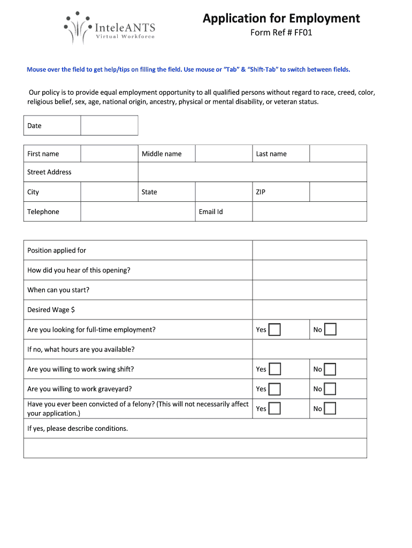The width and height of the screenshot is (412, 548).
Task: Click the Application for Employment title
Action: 281,19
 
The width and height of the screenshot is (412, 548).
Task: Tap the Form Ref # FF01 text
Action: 281,33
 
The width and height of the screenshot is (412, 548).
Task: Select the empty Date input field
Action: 109,126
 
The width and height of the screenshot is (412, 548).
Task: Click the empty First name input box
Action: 109,154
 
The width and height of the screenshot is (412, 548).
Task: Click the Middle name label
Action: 162,154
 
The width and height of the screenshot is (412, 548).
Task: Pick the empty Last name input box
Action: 338,154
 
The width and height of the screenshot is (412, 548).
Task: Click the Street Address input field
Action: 252,172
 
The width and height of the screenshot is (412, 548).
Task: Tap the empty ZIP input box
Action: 338,192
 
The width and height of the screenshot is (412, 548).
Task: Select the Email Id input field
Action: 309,212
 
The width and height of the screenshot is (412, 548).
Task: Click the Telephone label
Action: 43,212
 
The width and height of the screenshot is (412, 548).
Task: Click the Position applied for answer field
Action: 309,250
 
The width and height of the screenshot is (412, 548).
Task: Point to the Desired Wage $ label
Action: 51,310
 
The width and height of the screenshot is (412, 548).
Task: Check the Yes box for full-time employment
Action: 274,330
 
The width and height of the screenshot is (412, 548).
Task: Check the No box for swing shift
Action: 330,369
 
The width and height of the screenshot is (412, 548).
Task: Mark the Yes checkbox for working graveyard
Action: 274,389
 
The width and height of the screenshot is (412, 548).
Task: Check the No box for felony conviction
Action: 330,409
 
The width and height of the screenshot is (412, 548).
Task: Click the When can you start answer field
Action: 309,290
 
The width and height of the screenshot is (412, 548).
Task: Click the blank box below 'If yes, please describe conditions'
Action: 195,448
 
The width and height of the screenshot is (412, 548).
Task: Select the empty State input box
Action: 224,192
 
